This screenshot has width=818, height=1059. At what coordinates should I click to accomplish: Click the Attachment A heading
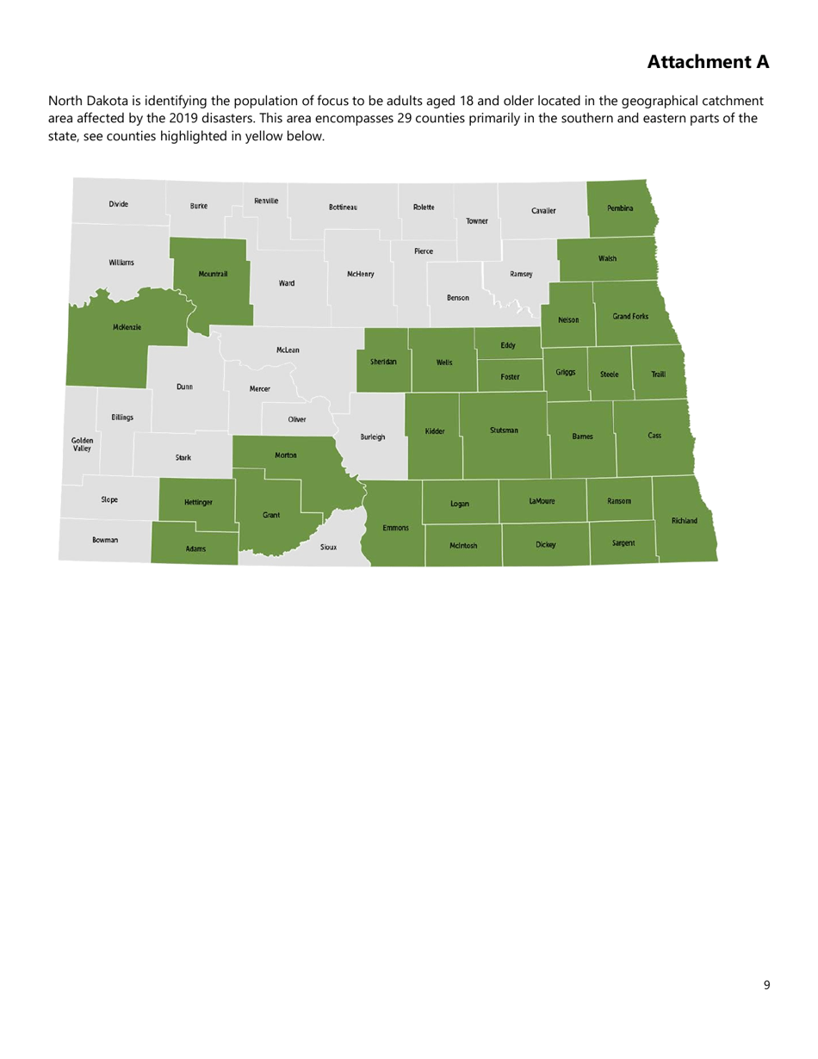click(707, 62)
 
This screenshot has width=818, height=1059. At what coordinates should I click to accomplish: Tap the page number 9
click(766, 986)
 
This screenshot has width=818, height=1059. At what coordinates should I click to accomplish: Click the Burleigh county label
click(373, 437)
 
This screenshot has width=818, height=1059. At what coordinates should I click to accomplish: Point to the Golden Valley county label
click(83, 443)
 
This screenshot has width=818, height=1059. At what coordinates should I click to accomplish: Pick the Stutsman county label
click(504, 430)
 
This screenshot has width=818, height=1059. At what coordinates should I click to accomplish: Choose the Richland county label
click(685, 521)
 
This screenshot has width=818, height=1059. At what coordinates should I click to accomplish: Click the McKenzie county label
click(127, 327)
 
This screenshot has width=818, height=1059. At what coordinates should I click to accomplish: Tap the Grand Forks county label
click(630, 317)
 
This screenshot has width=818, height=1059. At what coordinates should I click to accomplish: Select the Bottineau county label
click(343, 207)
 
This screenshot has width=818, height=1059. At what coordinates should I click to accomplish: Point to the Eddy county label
click(508, 345)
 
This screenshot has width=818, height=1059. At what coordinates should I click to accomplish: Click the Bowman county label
click(105, 540)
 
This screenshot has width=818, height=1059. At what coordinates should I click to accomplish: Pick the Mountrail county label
click(213, 274)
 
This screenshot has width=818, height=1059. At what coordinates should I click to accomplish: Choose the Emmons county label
click(395, 527)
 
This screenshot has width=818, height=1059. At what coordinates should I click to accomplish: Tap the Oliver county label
click(297, 419)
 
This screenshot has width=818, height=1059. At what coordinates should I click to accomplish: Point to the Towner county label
click(477, 221)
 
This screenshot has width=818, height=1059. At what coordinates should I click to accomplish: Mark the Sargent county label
click(623, 543)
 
